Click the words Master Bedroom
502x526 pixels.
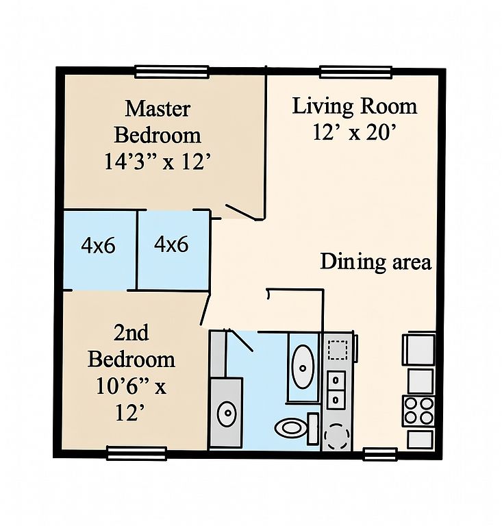point(158,122)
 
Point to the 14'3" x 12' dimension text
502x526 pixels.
point(158,162)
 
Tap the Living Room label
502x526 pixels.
point(355,106)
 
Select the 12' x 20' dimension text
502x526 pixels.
point(355,132)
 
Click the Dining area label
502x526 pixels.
point(376,262)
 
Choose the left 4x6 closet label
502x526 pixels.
point(98,246)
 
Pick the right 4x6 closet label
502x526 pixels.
point(171,245)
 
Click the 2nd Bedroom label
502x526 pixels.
point(131,346)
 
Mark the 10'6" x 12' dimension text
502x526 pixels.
point(131,399)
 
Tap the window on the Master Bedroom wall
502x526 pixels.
point(172,72)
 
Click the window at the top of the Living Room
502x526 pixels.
point(355,72)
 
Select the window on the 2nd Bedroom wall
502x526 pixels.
point(136,453)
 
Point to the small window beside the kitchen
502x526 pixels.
point(381,454)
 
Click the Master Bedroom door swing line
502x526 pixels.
point(243,212)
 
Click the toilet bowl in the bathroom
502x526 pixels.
point(290,427)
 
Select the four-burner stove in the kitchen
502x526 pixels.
point(418,411)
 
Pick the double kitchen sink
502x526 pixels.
point(336,390)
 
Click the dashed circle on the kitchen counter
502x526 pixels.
point(336,436)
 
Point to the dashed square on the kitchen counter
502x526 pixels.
point(338,350)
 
